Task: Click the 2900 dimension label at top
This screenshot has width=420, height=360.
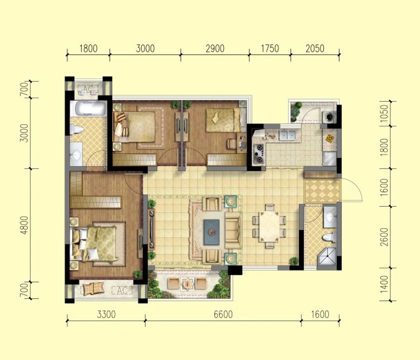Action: tap(215, 49)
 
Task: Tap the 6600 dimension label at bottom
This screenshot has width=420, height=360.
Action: tap(223, 314)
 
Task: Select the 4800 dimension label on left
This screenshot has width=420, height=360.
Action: tap(25, 225)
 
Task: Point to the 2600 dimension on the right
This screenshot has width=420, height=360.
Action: tap(384, 237)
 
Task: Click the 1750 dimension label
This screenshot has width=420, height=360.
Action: tap(270, 49)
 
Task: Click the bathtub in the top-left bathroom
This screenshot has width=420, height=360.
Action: tap(89, 109)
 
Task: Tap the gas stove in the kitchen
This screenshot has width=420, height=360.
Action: tap(259, 154)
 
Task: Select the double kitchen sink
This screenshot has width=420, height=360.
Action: tap(287, 135)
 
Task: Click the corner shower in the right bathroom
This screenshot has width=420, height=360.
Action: tap(327, 256)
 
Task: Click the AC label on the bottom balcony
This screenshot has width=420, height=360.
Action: tap(122, 290)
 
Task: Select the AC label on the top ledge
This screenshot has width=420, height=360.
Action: tap(87, 89)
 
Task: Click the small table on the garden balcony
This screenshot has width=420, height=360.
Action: tap(188, 283)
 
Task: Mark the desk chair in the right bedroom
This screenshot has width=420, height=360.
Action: tap(231, 144)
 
